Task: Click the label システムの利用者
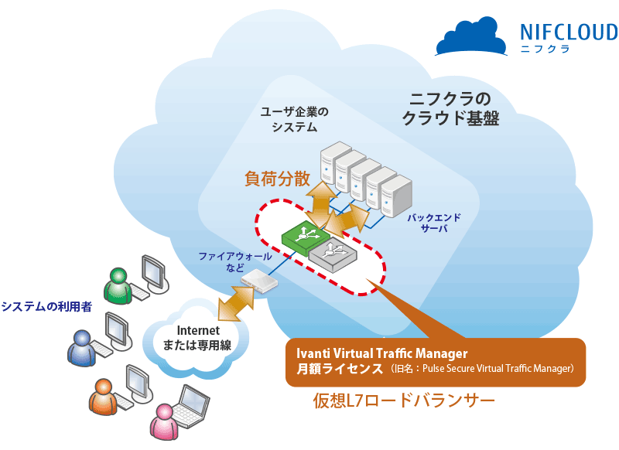click(x=46, y=306)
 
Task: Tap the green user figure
click(x=118, y=285)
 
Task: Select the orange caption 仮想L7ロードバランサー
click(x=403, y=401)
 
